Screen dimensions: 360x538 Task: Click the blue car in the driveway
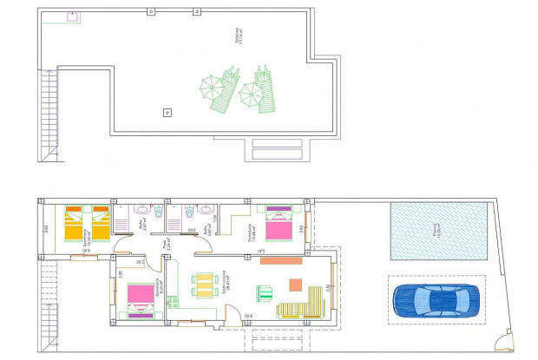click(435, 300)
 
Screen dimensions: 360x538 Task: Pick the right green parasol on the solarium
click(251, 91)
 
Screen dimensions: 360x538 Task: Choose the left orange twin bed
click(76, 223)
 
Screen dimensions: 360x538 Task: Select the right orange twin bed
click(100, 223)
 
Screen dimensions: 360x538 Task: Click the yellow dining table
click(203, 285)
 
